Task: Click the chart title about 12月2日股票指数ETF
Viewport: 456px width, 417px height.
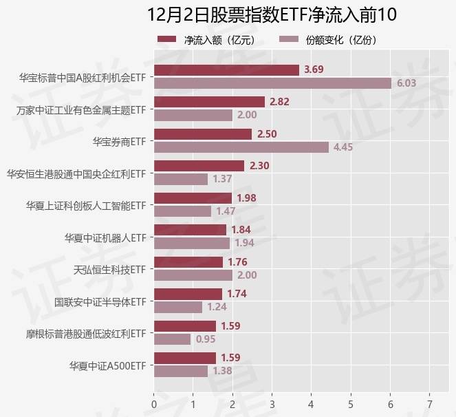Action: pyautogui.click(x=272, y=14)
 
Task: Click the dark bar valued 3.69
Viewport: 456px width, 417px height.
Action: pyautogui.click(x=226, y=69)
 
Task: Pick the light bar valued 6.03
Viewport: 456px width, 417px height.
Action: pyautogui.click(x=272, y=83)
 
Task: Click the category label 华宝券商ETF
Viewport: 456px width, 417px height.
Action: pyautogui.click(x=120, y=141)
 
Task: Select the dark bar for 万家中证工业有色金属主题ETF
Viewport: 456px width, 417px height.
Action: pyautogui.click(x=209, y=102)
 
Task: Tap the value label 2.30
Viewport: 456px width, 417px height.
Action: pyautogui.click(x=260, y=166)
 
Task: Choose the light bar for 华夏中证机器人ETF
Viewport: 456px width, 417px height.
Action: pyautogui.click(x=192, y=243)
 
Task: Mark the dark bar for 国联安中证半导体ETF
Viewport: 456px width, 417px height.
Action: pyautogui.click(x=188, y=294)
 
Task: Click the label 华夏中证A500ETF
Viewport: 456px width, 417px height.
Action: pyautogui.click(x=108, y=365)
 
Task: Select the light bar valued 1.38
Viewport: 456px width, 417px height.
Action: pyautogui.click(x=181, y=371)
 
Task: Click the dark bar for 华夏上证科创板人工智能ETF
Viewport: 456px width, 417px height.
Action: pyautogui.click(x=193, y=198)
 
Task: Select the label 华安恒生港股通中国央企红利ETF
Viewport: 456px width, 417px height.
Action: pyautogui.click(x=76, y=173)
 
